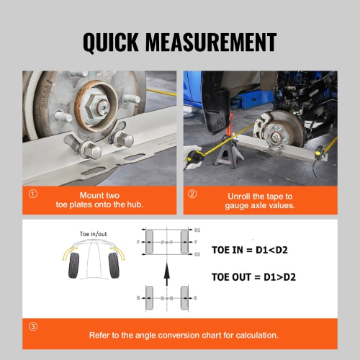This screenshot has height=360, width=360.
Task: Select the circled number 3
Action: coord(33,326)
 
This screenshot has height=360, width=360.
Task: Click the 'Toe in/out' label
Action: coord(91,234)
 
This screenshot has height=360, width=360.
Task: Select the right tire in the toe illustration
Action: coord(112,264)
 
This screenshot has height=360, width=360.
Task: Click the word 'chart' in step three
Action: coord(212,335)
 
